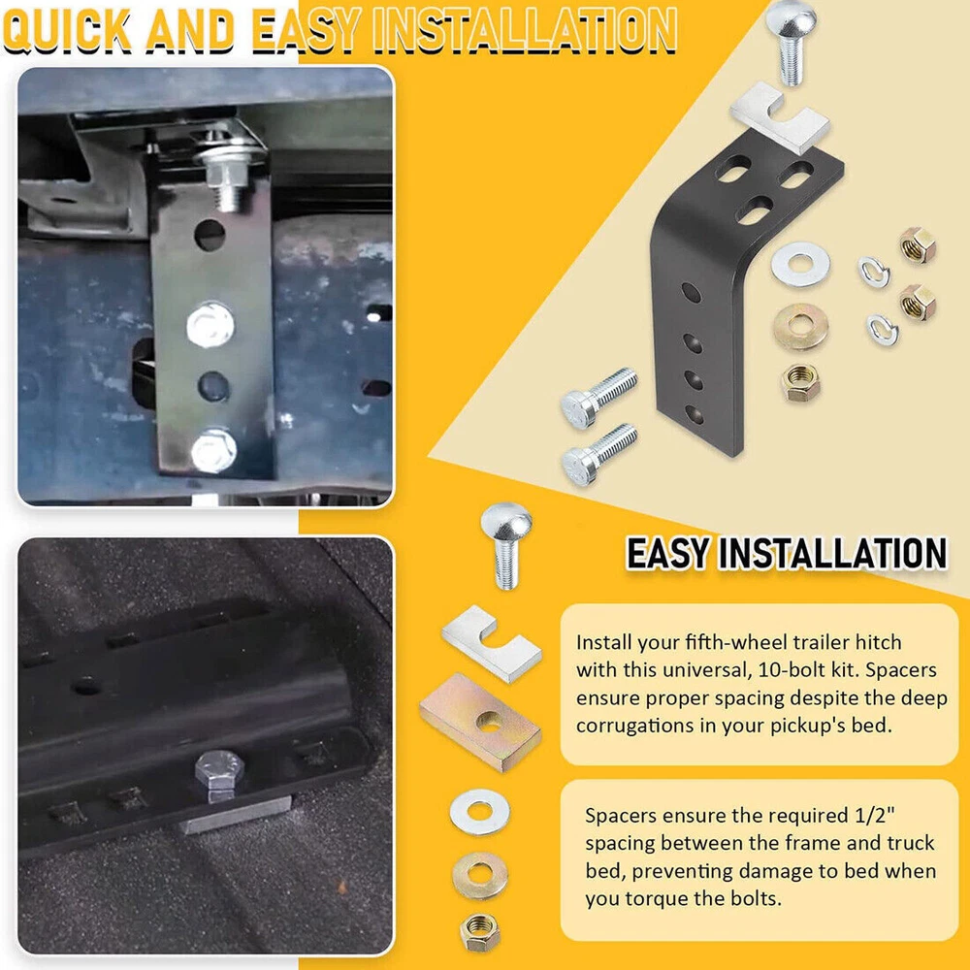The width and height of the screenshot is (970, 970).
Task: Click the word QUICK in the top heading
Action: [x=67, y=31]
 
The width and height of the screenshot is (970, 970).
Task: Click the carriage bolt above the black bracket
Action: [x=791, y=42]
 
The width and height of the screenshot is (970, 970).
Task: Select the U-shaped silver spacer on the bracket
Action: [x=780, y=117]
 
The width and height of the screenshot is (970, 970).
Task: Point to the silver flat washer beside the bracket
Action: [x=800, y=264]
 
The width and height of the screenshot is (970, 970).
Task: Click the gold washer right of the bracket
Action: [x=801, y=327]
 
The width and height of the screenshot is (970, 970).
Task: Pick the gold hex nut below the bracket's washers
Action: [x=800, y=383]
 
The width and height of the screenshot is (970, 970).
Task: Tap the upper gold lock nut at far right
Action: [x=918, y=245]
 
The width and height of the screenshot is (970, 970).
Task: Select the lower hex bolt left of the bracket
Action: [x=598, y=454]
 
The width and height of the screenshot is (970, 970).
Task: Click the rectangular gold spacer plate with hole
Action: [x=481, y=722]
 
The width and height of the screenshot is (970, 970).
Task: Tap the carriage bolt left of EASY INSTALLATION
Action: [x=506, y=545]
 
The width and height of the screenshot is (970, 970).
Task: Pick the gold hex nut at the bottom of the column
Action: [x=479, y=932]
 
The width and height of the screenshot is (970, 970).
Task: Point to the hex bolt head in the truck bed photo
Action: [x=219, y=771]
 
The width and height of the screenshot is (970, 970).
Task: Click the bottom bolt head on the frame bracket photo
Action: [x=213, y=451]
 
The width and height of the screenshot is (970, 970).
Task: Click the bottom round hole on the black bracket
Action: [x=695, y=413]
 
